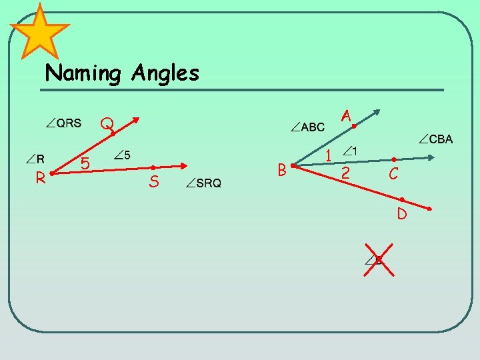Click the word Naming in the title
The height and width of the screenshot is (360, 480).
coord(83,73)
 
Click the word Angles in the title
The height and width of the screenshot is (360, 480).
coord(165,73)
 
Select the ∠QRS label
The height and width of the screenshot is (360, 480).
coord(64,123)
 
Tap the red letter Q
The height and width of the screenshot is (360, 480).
coord(107,125)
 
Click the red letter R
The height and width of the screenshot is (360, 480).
coord(41,177)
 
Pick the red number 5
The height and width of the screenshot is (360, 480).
coord(85,163)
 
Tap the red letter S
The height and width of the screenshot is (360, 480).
coord(154,181)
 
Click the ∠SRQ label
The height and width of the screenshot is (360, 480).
coord(204,183)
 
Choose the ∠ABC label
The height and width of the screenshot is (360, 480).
coord(308,127)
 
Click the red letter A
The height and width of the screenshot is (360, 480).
coord(346,116)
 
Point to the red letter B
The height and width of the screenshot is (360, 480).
coord(282,171)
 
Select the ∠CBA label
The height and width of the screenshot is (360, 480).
coord(436,139)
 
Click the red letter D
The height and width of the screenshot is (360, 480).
coord(402,214)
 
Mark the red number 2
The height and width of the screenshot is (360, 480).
coord(345,173)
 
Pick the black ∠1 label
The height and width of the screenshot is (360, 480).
coord(350,151)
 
